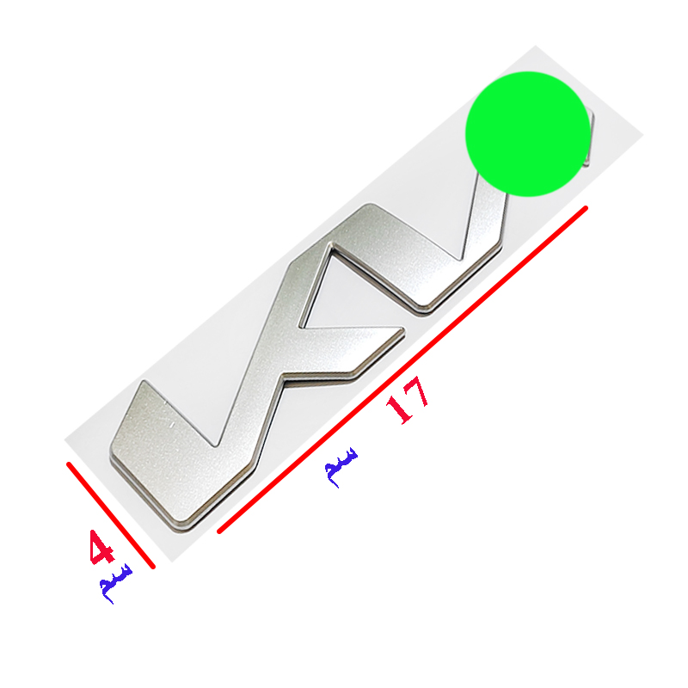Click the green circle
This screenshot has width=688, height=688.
click(x=528, y=134)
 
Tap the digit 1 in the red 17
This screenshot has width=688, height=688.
click(x=400, y=409)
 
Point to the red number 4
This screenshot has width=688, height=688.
click(x=101, y=548)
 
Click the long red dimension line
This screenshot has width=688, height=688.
click(x=402, y=370)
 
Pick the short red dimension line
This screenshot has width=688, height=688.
click(x=111, y=515)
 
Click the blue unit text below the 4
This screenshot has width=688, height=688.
click(x=115, y=584)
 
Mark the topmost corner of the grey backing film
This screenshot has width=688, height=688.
click(x=535, y=46)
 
